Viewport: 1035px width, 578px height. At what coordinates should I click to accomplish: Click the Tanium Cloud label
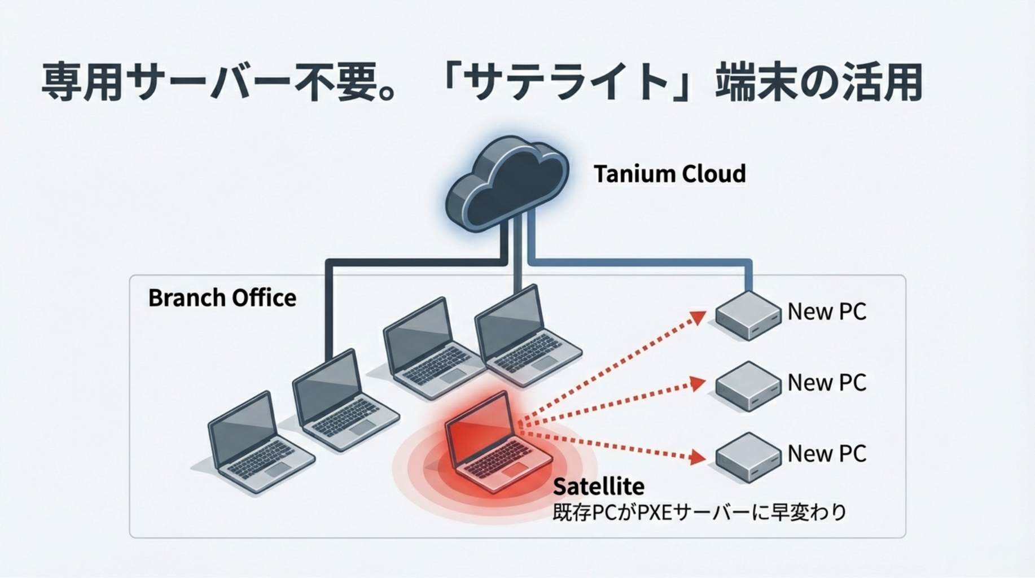[669, 173]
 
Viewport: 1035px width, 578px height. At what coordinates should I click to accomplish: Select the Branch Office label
[222, 298]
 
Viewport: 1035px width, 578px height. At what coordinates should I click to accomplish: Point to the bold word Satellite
[598, 486]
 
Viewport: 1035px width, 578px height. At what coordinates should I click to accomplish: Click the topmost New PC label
[827, 312]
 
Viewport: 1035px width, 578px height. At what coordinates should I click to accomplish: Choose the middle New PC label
[827, 383]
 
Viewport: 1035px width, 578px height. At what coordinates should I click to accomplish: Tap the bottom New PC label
[827, 453]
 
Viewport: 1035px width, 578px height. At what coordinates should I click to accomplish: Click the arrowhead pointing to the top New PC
[699, 317]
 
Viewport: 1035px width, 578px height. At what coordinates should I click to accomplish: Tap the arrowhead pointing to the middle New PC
[699, 384]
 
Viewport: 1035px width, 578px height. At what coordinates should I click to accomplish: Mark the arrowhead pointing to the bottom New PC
[699, 457]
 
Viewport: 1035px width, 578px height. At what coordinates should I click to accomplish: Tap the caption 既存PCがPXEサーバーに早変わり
[699, 512]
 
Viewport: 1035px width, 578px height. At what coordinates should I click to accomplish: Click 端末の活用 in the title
[818, 82]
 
